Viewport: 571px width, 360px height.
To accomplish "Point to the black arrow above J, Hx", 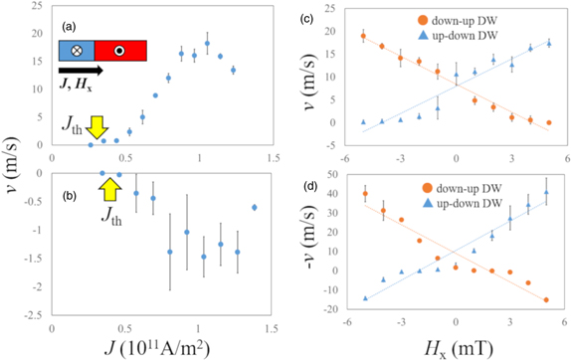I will tap(79, 71).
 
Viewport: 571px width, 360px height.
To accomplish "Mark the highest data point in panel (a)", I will tap(207, 44).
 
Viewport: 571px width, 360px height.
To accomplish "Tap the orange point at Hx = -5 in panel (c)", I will tap(363, 36).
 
